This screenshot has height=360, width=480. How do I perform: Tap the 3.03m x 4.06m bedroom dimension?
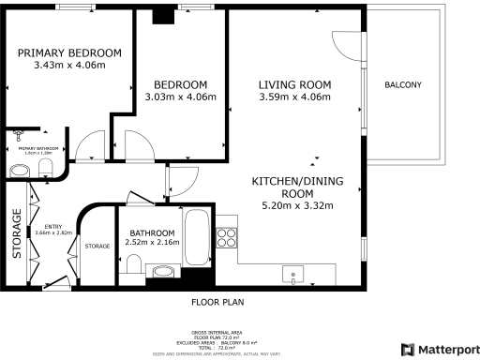181,97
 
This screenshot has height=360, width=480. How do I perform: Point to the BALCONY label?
403,85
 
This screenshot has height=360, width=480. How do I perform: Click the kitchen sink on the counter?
295,276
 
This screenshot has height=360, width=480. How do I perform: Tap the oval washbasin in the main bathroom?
163,273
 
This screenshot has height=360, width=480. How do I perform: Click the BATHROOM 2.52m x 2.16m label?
151,238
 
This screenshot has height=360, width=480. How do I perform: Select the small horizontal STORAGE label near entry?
97,247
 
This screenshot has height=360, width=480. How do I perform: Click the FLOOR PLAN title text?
217,303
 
